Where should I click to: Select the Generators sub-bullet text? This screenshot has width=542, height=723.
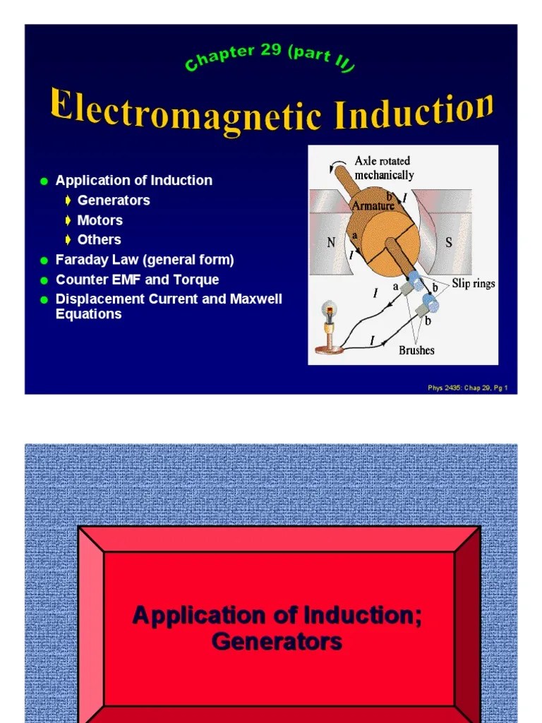point(114,201)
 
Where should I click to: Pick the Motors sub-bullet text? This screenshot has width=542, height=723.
point(100,220)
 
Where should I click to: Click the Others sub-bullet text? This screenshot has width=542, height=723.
point(99,240)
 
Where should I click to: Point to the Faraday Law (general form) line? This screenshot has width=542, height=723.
point(145,260)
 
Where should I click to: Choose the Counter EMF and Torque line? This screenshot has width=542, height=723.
point(137,280)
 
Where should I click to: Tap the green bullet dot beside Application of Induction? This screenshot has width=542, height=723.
point(44,181)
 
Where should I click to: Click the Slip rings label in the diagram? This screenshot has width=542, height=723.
point(474,284)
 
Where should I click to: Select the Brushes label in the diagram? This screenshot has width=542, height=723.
point(416,350)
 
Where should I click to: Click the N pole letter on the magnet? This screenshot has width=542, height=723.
point(331,244)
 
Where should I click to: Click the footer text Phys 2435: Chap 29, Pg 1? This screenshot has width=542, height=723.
point(468,388)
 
